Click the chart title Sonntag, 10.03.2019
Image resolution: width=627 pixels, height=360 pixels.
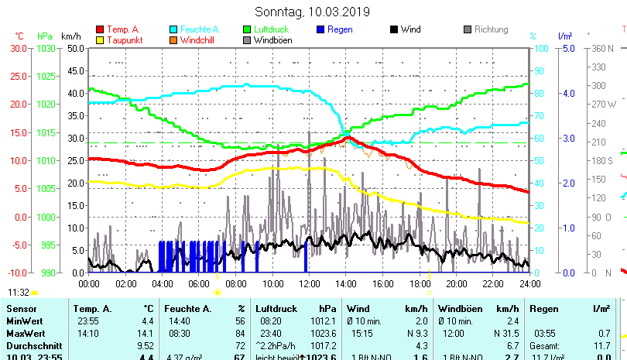tap(313, 12)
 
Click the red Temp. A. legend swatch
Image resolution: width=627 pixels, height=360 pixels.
tap(100, 29)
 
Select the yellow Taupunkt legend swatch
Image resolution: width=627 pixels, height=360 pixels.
tap(100, 39)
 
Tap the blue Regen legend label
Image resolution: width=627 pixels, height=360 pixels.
tap(341, 29)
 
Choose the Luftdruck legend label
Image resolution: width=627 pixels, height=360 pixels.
tap(270, 29)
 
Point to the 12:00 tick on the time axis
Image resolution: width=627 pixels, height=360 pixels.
tap(308, 284)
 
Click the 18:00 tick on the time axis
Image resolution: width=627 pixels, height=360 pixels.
tap(419, 284)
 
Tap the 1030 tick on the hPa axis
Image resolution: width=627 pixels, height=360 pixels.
tap(46, 48)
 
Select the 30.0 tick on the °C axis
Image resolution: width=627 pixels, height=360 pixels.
tap(19, 48)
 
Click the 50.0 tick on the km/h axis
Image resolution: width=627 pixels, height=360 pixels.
tap(75, 48)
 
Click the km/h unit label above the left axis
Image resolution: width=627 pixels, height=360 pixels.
tap(70, 36)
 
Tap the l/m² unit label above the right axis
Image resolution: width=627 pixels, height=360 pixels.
tap(565, 36)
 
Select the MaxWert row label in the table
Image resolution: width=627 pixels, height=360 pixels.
tap(26, 333)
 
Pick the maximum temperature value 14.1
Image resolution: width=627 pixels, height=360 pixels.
tap(147, 333)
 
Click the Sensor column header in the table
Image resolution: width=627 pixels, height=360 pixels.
tap(21, 308)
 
